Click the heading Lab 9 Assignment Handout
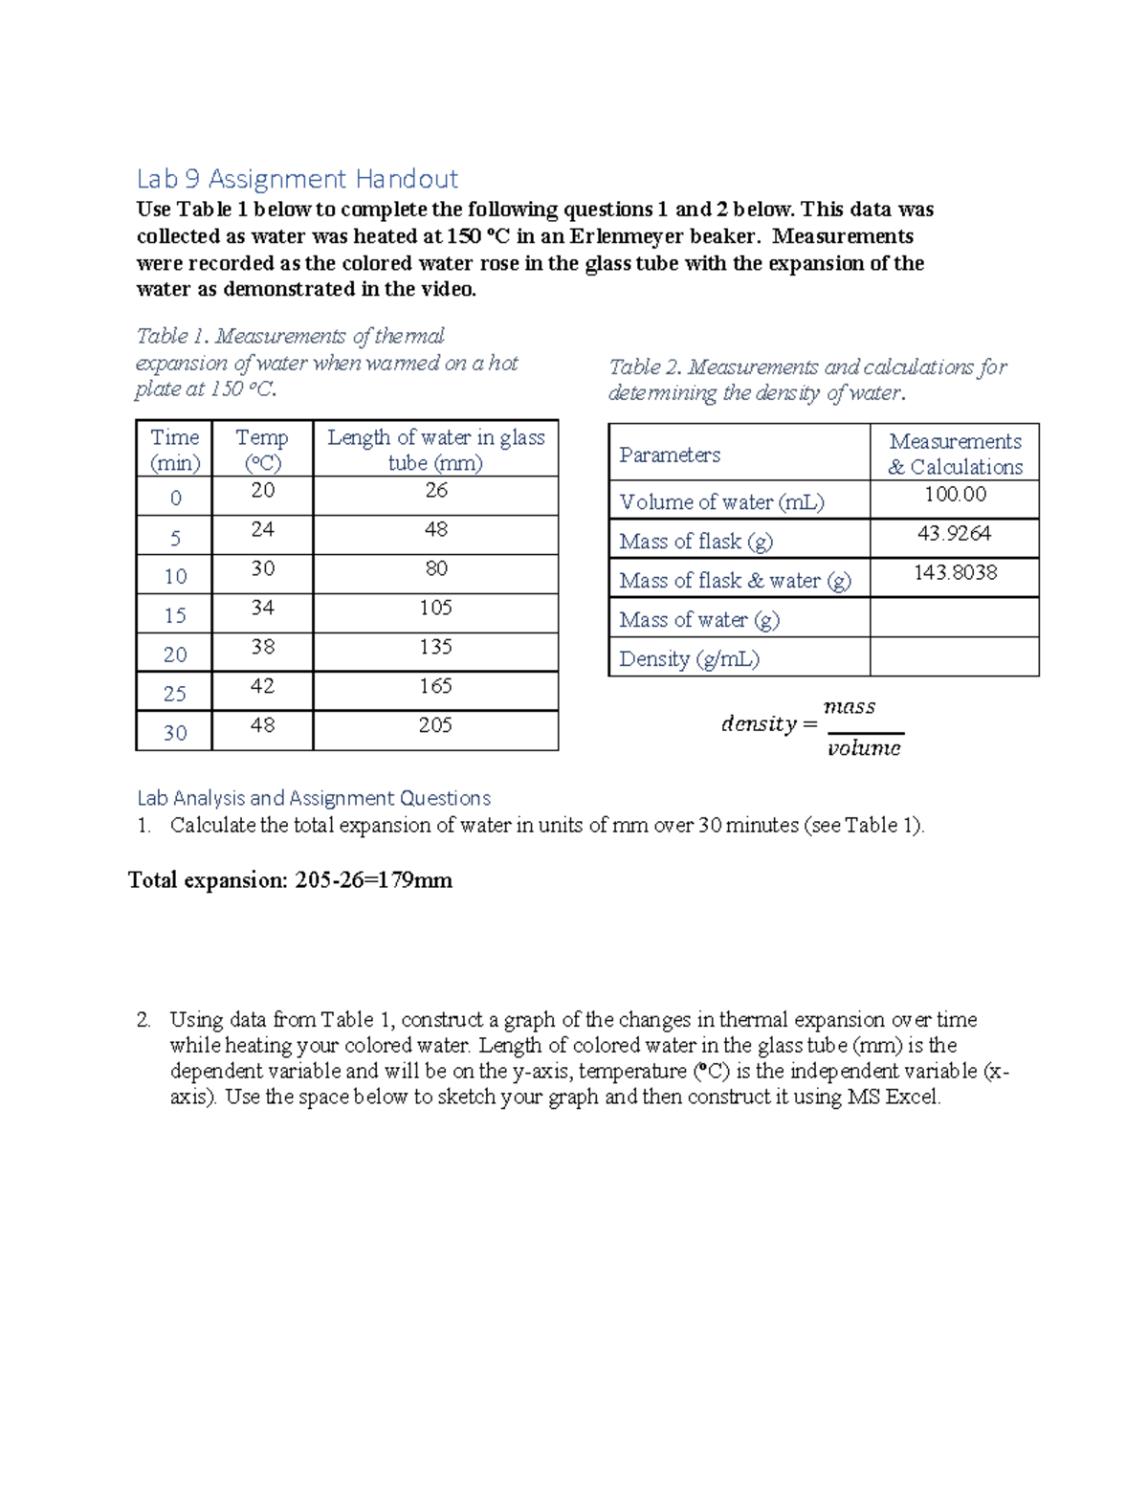[x=297, y=179]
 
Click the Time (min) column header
[x=175, y=450]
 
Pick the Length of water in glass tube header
[x=435, y=450]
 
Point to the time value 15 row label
[x=175, y=615]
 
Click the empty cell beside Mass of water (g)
[x=955, y=618]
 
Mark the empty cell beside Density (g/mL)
[x=955, y=657]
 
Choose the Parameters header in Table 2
[x=670, y=455]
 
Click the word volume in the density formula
[x=864, y=748]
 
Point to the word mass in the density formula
[x=850, y=707]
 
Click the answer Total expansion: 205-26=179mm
[x=291, y=880]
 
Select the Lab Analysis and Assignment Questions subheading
[x=314, y=798]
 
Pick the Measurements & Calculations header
[x=955, y=454]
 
